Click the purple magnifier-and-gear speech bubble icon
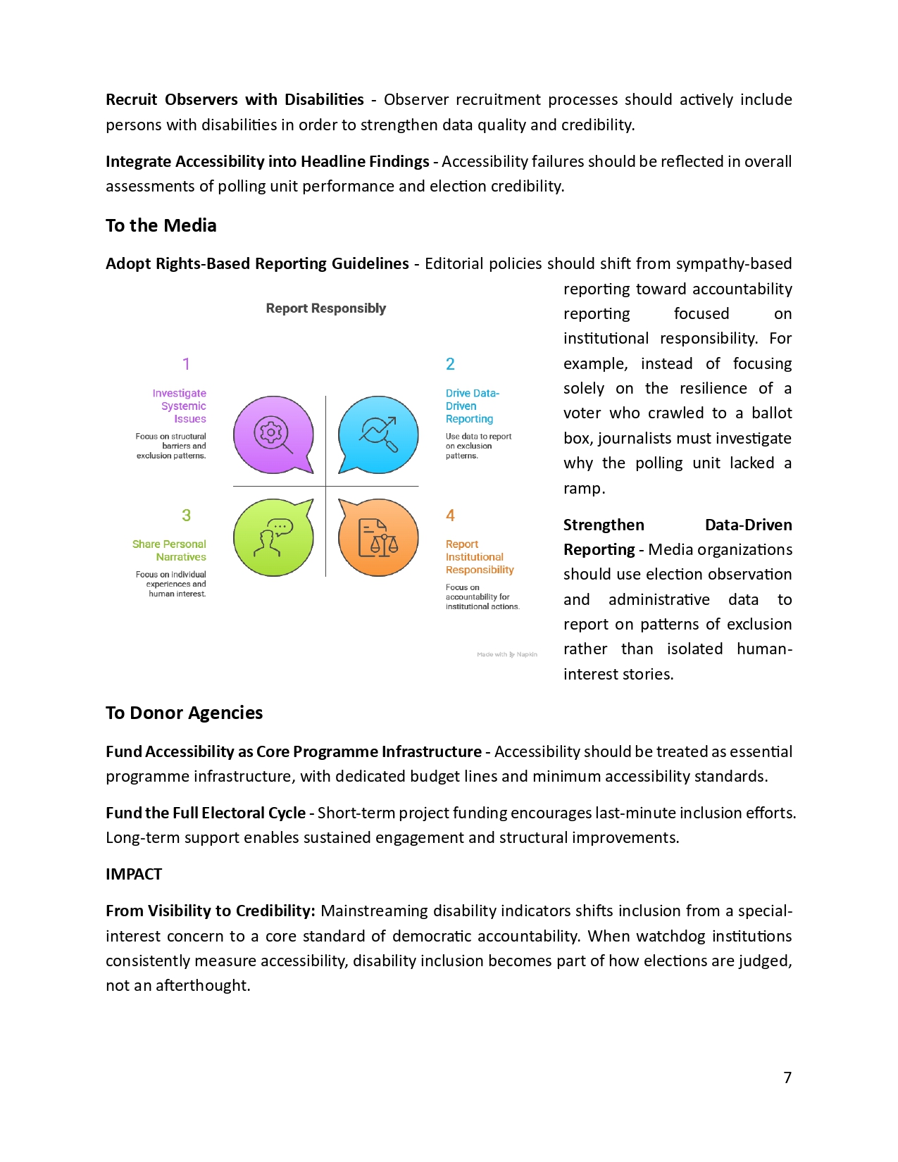tap(273, 434)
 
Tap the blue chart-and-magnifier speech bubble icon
tap(378, 434)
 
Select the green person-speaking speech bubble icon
tap(273, 537)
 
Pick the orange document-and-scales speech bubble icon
tap(378, 537)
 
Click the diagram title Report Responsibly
tap(325, 308)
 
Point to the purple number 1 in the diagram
tap(186, 364)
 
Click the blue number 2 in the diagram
tap(450, 364)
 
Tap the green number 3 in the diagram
tap(186, 516)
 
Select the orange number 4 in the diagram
tap(450, 516)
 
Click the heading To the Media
tap(161, 225)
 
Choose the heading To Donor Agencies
tap(184, 713)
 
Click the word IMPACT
tap(134, 874)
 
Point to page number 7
tap(787, 1077)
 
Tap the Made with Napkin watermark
tap(506, 654)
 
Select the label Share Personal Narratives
tap(170, 550)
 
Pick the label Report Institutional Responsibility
tap(479, 557)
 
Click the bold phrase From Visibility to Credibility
tap(210, 911)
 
